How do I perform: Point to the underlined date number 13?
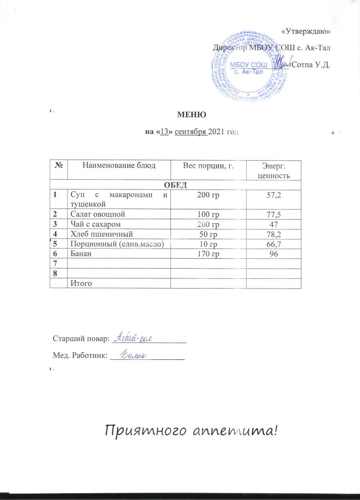(165, 133)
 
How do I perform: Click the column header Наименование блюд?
(120, 166)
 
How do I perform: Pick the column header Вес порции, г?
(208, 166)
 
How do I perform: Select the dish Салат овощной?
(99, 214)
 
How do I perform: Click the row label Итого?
(81, 283)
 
